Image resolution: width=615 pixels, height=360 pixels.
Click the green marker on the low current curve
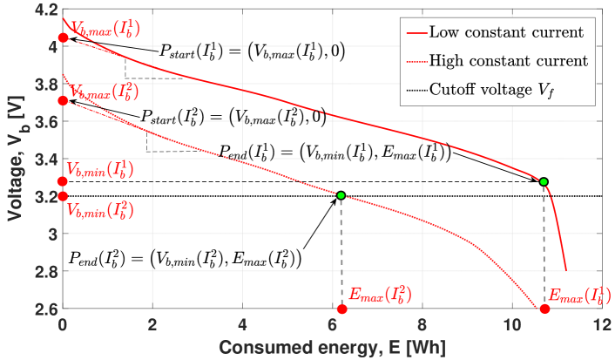[x=544, y=181]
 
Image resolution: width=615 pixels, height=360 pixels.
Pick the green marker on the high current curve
[x=341, y=195]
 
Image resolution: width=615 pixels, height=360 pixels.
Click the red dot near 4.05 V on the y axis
[x=63, y=37]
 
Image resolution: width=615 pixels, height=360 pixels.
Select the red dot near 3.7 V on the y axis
[x=63, y=101]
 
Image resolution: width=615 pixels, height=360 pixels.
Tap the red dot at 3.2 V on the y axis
[x=63, y=196]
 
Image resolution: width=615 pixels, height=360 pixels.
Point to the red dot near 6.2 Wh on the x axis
[x=341, y=309]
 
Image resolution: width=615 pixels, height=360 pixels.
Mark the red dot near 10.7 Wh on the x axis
[x=544, y=309]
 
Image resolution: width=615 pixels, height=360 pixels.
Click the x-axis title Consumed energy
[x=331, y=347]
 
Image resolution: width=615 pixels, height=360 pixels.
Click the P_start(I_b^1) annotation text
[x=252, y=51]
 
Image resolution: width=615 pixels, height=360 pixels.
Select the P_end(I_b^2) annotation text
[x=185, y=259]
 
